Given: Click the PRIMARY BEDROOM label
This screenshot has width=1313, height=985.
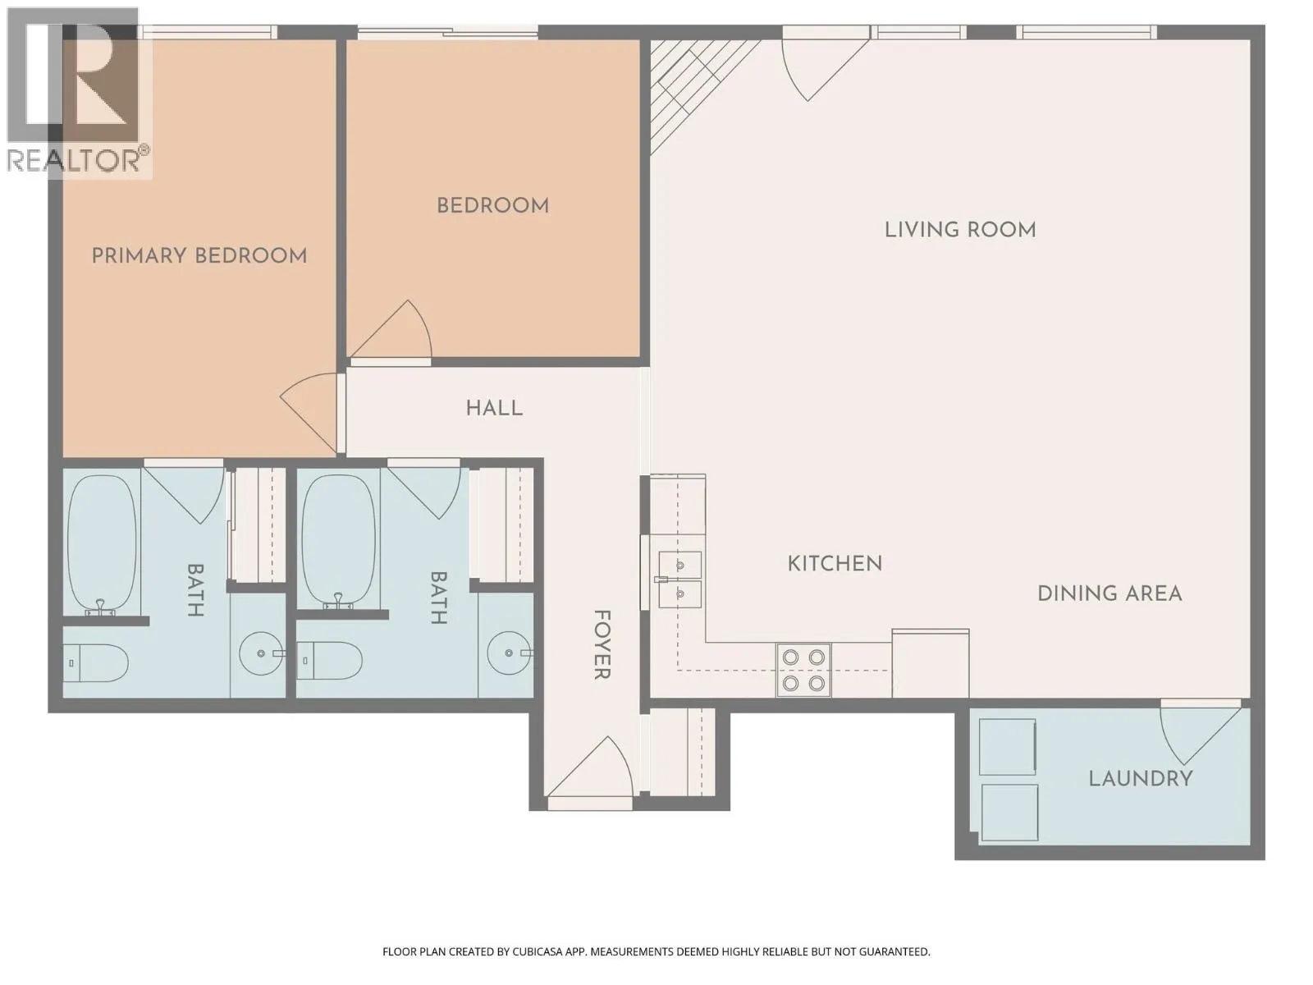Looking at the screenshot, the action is (x=199, y=256).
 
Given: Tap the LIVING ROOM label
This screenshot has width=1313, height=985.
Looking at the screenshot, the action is (x=960, y=230).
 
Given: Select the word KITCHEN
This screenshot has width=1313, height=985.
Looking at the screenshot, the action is (x=835, y=563).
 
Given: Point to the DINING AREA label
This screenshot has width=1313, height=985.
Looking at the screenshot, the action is (x=1109, y=593).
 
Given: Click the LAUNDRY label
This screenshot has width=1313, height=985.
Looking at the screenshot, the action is (x=1141, y=779).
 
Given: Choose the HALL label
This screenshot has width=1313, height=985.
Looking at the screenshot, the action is (x=494, y=409).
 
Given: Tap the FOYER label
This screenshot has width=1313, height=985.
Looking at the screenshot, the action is (x=602, y=644).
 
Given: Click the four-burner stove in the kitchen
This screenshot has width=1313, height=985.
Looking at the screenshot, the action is (x=803, y=670).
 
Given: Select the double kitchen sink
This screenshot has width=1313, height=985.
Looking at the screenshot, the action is (x=680, y=579).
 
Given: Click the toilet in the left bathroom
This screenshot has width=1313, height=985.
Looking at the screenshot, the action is (x=96, y=663).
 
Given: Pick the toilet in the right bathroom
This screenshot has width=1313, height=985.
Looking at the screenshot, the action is (x=330, y=661).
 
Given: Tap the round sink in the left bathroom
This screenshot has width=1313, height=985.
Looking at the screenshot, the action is (x=262, y=653).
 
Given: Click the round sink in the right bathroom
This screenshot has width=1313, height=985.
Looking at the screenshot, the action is (x=509, y=653).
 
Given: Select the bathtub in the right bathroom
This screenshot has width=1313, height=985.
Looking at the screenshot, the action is (x=339, y=541).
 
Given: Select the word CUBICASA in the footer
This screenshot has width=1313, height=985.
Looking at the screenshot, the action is (x=538, y=951).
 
